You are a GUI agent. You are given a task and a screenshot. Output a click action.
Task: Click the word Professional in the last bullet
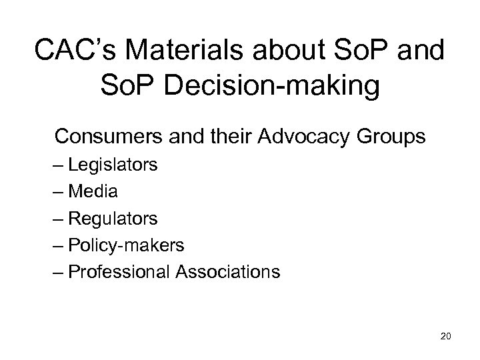pos(125,272)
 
